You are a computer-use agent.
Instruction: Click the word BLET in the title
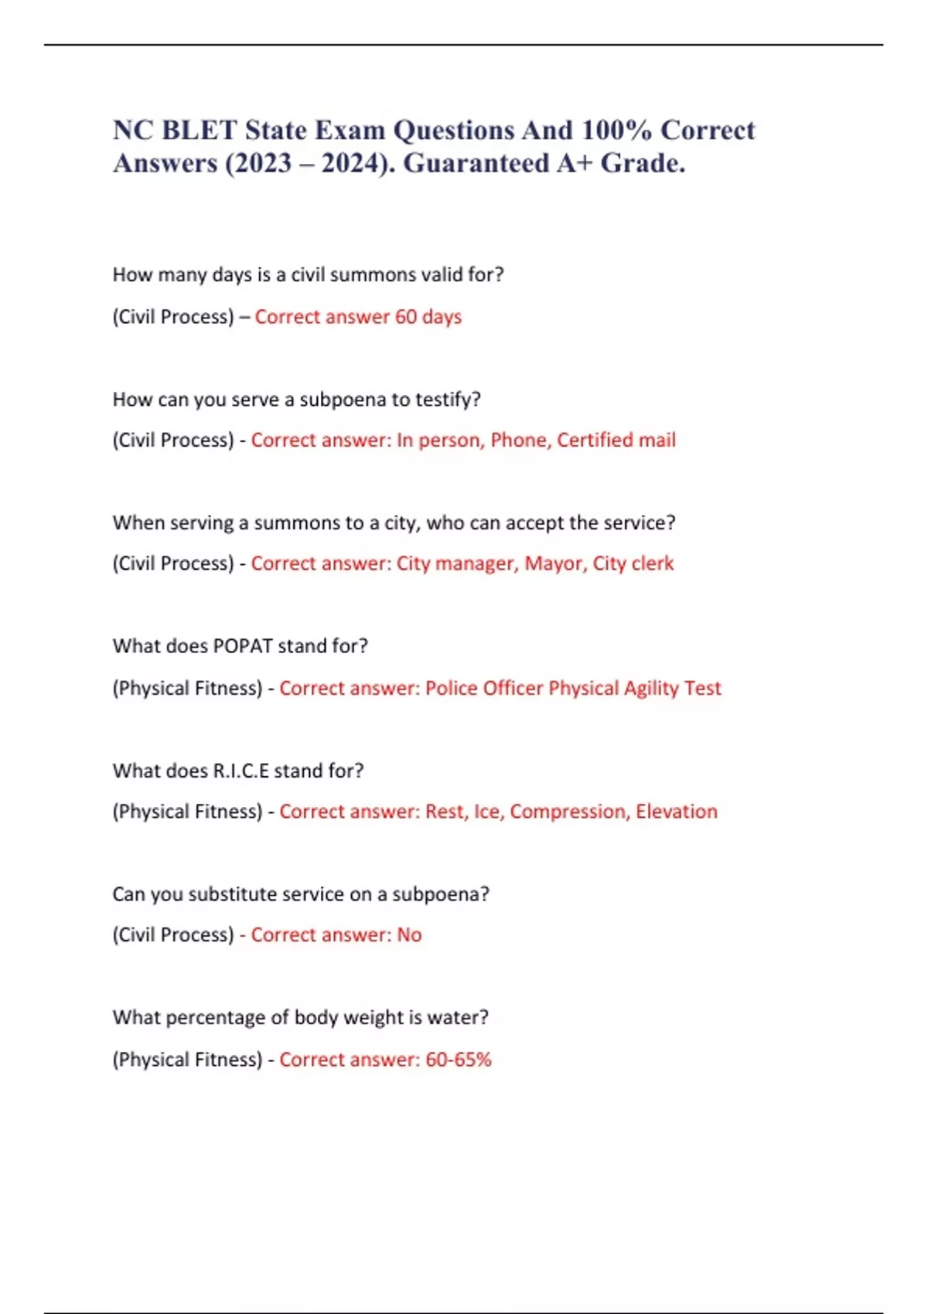pyautogui.click(x=200, y=130)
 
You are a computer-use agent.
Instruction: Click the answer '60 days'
pyautogui.click(x=428, y=317)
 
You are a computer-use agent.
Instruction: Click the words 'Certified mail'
pyautogui.click(x=616, y=440)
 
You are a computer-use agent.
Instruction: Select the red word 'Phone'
pyautogui.click(x=519, y=440)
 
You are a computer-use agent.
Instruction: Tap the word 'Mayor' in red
pyautogui.click(x=554, y=563)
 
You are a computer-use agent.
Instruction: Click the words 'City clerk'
pyautogui.click(x=633, y=563)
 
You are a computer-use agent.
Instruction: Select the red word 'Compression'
pyautogui.click(x=568, y=812)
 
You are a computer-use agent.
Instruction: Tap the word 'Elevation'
pyautogui.click(x=677, y=812)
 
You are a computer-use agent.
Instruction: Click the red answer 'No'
pyautogui.click(x=409, y=935)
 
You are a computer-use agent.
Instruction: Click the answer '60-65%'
pyautogui.click(x=459, y=1060)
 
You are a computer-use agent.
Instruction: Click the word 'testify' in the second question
pyautogui.click(x=446, y=400)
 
